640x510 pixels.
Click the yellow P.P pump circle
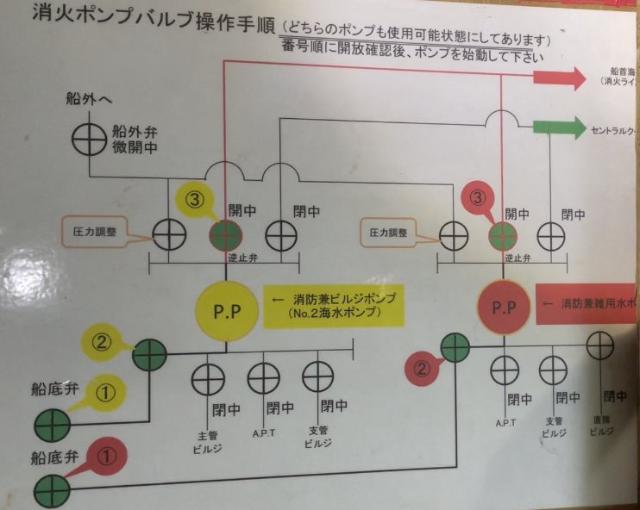pos(227,308)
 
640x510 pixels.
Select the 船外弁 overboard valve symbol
pos(87,139)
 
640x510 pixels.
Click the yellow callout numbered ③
pos(195,200)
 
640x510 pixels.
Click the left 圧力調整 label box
pos(99,231)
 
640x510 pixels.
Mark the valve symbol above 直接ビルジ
pos(602,346)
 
